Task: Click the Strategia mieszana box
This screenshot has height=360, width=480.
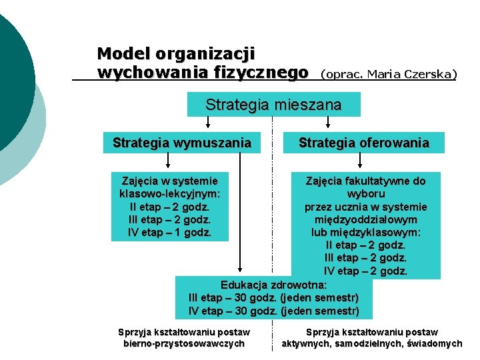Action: click(273, 105)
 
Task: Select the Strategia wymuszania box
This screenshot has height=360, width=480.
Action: click(182, 143)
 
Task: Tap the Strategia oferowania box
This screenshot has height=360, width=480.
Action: click(363, 143)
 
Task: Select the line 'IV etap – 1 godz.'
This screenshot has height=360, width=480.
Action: click(169, 232)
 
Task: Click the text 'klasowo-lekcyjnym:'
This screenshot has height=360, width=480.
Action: click(169, 193)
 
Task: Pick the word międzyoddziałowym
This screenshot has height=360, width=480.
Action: click(365, 219)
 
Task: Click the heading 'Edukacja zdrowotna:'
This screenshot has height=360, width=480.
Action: click(273, 285)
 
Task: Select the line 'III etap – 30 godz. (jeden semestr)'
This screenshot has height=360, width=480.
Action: click(273, 297)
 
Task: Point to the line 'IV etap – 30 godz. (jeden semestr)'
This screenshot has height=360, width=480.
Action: click(273, 311)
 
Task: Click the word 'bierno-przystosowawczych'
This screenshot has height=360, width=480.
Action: click(183, 344)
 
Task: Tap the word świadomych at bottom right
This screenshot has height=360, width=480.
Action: click(436, 344)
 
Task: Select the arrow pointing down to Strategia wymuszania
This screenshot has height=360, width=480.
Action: click(209, 122)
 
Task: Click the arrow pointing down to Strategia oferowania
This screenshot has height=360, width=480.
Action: click(327, 122)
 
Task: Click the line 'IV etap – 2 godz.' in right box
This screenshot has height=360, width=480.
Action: click(365, 271)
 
